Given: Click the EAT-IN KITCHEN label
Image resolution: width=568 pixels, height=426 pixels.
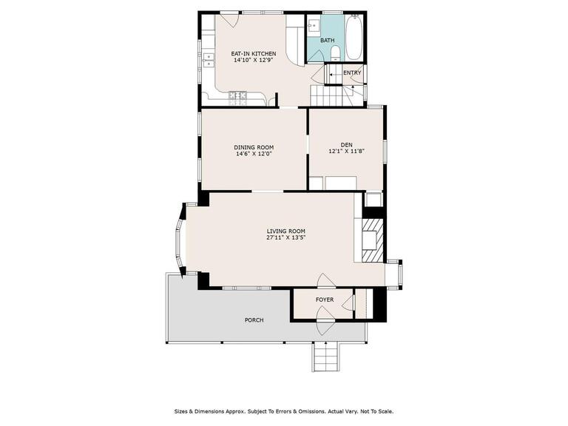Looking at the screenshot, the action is click(253, 53).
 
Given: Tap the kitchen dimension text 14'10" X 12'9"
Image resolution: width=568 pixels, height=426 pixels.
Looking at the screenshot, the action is click(253, 60).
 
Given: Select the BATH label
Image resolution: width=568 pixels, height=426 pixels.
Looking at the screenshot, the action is click(327, 41).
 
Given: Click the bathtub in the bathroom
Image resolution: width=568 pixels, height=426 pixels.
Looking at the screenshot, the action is click(354, 37).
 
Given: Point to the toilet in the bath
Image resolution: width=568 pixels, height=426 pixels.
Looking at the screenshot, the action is click(336, 53).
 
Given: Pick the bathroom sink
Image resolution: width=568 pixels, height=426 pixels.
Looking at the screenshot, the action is click(313, 25).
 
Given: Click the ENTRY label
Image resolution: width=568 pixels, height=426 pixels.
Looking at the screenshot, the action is click(352, 72).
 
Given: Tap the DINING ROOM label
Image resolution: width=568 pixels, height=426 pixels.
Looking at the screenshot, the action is click(254, 147).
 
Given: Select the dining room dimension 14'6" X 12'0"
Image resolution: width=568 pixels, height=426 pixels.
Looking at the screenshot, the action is click(254, 154).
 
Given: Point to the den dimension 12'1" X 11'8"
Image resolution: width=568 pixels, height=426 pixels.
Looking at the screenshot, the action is click(346, 151).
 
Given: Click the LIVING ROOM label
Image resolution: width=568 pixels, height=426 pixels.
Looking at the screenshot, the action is click(285, 231).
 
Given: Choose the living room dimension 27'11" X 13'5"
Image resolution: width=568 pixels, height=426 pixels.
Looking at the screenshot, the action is click(285, 237).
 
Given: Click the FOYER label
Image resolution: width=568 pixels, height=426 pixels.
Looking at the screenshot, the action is click(325, 300).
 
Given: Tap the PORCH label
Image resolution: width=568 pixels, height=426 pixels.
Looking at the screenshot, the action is click(254, 320).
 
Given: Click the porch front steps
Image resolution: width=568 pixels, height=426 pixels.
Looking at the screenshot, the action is click(326, 356).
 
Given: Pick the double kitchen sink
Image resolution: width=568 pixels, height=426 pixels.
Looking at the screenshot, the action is click(209, 60).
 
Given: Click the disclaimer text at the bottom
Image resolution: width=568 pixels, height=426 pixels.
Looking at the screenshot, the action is click(284, 411).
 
